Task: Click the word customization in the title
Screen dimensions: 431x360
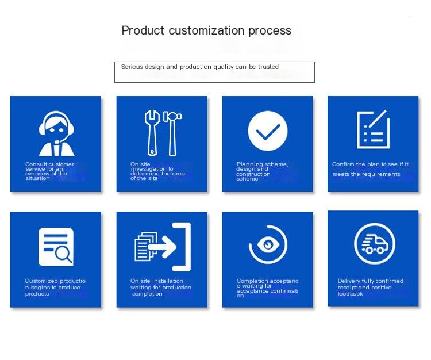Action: (x=206, y=30)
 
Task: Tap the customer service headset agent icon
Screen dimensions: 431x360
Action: (x=56, y=133)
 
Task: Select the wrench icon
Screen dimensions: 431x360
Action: (x=152, y=133)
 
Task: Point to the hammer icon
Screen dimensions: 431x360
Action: (x=172, y=133)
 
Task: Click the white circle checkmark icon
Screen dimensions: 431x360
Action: (x=268, y=131)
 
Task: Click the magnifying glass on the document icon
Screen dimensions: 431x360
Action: (x=63, y=254)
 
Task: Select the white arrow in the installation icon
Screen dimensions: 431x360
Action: (x=162, y=246)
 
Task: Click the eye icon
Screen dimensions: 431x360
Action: (x=268, y=244)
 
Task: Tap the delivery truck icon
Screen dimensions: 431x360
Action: (x=375, y=244)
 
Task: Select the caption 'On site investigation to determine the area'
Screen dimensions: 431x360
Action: (x=157, y=171)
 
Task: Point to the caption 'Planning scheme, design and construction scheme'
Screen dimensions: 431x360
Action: (x=262, y=171)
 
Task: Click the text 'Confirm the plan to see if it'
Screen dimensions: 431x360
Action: (x=370, y=164)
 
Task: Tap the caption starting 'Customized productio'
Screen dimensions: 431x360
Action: (x=55, y=288)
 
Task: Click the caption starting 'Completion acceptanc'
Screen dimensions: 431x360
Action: (x=267, y=288)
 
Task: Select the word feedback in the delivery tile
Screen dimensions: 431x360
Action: (x=350, y=294)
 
